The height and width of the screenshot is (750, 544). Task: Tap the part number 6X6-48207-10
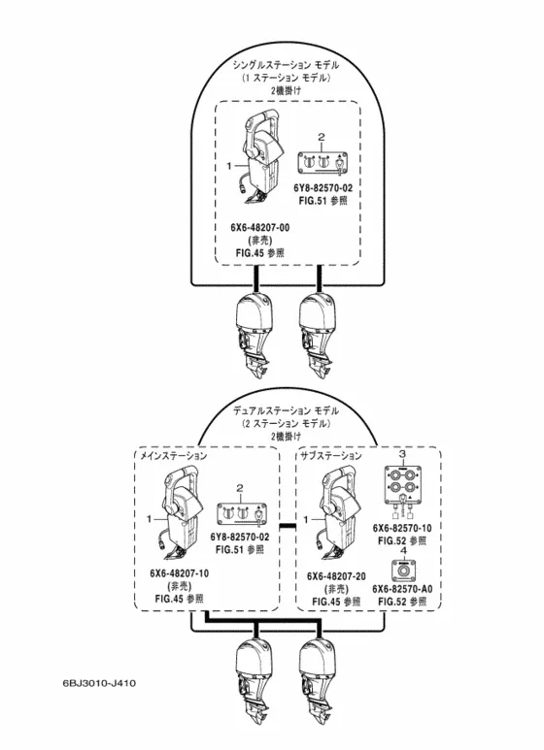click(179, 573)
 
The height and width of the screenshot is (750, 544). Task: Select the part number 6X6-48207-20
click(336, 576)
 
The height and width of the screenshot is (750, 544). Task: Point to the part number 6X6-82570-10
click(402, 528)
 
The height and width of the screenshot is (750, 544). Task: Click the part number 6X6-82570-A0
click(402, 589)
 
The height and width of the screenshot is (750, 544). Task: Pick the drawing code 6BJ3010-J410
click(99, 683)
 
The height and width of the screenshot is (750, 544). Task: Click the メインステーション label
click(173, 455)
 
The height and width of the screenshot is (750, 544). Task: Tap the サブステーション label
click(331, 455)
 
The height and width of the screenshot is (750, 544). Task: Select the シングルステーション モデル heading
click(286, 65)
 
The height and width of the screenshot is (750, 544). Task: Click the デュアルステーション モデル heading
click(286, 410)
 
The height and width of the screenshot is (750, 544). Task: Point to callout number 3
click(403, 453)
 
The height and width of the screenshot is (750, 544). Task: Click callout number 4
click(403, 551)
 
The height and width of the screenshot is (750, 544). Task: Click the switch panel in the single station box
click(323, 163)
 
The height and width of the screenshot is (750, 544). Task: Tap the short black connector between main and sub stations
click(288, 526)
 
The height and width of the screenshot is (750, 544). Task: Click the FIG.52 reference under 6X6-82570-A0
click(402, 602)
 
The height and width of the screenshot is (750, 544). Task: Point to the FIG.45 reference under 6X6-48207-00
click(260, 252)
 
